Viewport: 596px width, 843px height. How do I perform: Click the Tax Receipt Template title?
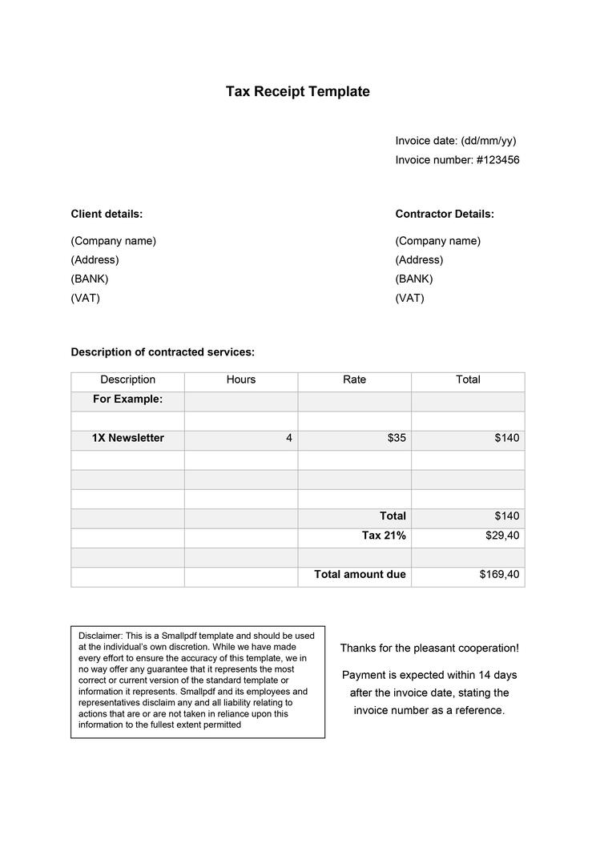click(297, 91)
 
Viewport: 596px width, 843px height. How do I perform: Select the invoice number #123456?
click(497, 160)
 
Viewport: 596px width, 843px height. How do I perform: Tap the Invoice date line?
click(456, 141)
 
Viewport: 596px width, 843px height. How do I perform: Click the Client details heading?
click(107, 214)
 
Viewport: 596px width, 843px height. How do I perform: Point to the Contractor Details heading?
click(445, 214)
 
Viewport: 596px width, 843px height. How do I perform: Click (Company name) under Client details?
click(113, 241)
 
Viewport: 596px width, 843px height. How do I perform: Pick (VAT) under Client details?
click(85, 299)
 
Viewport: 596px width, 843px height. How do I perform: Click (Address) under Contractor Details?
click(419, 260)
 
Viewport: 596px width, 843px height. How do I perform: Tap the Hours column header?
click(241, 380)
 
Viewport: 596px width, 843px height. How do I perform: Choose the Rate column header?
click(354, 380)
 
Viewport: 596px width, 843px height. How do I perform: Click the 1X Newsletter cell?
click(127, 439)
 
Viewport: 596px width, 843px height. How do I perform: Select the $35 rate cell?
click(397, 439)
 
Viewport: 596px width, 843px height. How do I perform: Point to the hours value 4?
click(288, 439)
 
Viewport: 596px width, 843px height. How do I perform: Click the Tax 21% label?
click(384, 536)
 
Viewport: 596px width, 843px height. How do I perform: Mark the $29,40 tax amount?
click(502, 536)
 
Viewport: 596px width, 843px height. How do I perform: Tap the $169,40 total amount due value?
click(499, 575)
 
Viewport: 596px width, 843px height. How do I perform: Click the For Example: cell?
click(127, 399)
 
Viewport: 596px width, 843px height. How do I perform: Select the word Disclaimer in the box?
click(100, 636)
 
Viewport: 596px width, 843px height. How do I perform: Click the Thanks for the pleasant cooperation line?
click(429, 648)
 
